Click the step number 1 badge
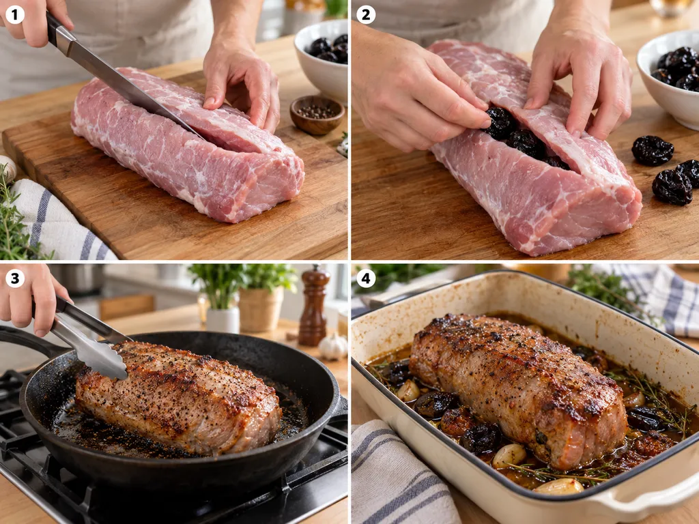pos(15,15)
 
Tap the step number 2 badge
pos(366,15)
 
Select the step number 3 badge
pos(15,279)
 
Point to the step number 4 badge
pos(366,279)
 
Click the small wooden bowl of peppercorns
pos(317,115)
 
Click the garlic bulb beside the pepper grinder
pos(332,347)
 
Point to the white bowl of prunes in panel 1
pos(321,60)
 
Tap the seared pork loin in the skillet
pos(178,396)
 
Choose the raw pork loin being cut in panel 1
pos(187,145)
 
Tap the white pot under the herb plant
pos(223,319)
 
